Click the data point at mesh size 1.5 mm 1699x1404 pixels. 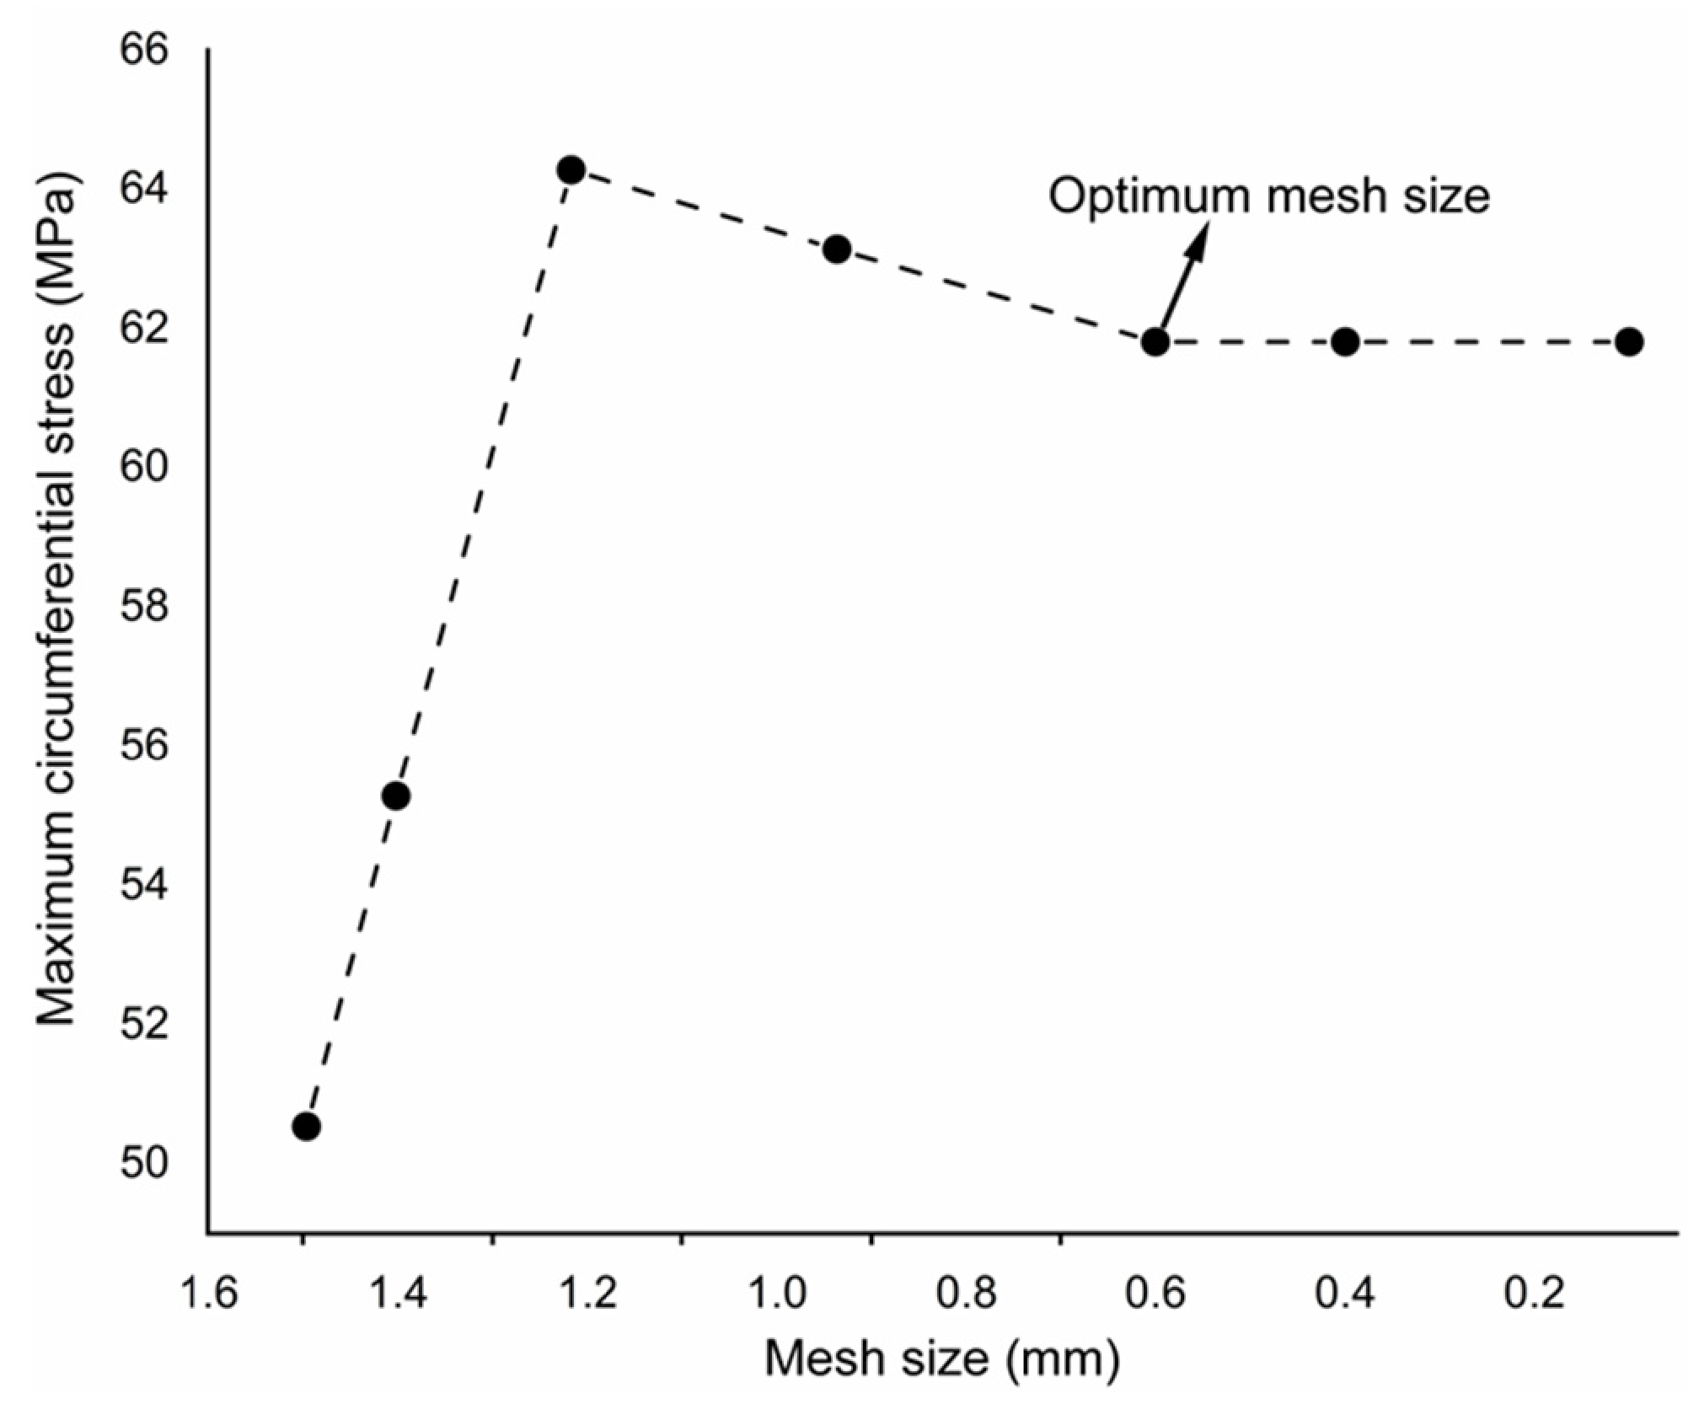point(307,1126)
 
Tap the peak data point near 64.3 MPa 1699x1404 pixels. point(571,170)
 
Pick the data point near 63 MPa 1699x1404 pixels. point(837,249)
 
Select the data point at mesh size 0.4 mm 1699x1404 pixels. point(1346,341)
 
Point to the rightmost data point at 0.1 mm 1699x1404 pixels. point(1630,341)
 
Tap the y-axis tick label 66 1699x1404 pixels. point(144,49)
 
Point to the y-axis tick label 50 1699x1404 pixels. point(144,1163)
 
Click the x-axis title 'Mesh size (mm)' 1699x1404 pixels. point(942,1358)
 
